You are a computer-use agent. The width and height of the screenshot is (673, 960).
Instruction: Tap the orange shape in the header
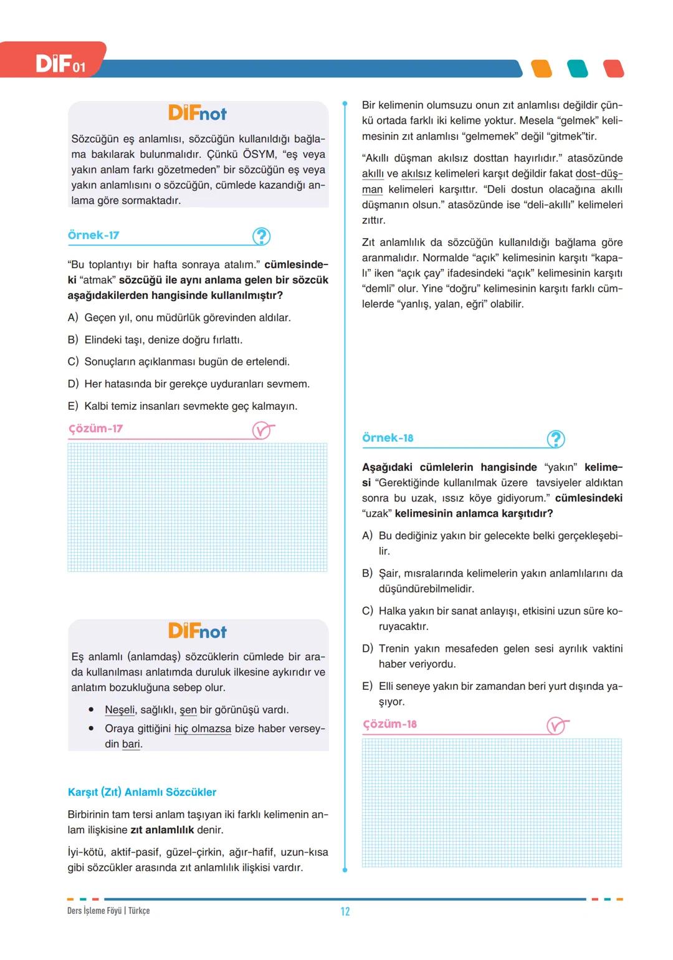(x=542, y=69)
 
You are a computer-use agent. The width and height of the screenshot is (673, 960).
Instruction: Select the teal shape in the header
(x=578, y=69)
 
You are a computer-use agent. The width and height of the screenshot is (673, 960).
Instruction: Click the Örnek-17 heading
(x=93, y=235)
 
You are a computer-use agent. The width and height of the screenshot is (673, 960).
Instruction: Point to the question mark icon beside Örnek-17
(x=261, y=236)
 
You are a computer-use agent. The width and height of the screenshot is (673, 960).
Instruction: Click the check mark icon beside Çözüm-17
(x=263, y=430)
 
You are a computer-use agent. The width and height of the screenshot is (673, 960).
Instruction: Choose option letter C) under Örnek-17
(x=73, y=362)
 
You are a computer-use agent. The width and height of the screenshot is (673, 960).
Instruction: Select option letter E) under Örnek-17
(x=73, y=406)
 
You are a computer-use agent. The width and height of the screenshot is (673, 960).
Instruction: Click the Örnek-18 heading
(x=388, y=438)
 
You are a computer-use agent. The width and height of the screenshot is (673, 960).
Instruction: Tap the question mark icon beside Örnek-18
(x=555, y=439)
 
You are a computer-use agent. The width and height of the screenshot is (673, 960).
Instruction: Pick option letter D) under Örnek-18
(x=368, y=649)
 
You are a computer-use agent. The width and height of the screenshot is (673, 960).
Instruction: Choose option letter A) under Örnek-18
(x=368, y=536)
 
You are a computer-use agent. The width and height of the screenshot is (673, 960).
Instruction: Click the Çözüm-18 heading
(x=389, y=724)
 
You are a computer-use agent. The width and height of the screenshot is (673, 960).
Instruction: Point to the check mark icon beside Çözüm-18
(x=557, y=725)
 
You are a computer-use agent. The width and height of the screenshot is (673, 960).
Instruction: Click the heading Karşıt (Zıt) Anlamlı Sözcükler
(x=142, y=792)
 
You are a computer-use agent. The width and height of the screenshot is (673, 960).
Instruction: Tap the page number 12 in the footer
(x=345, y=911)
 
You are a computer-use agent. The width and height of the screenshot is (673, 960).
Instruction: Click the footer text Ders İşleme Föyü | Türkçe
(x=108, y=911)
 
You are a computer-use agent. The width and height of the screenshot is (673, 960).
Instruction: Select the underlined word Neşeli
(x=120, y=710)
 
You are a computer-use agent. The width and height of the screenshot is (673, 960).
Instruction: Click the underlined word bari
(x=131, y=744)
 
